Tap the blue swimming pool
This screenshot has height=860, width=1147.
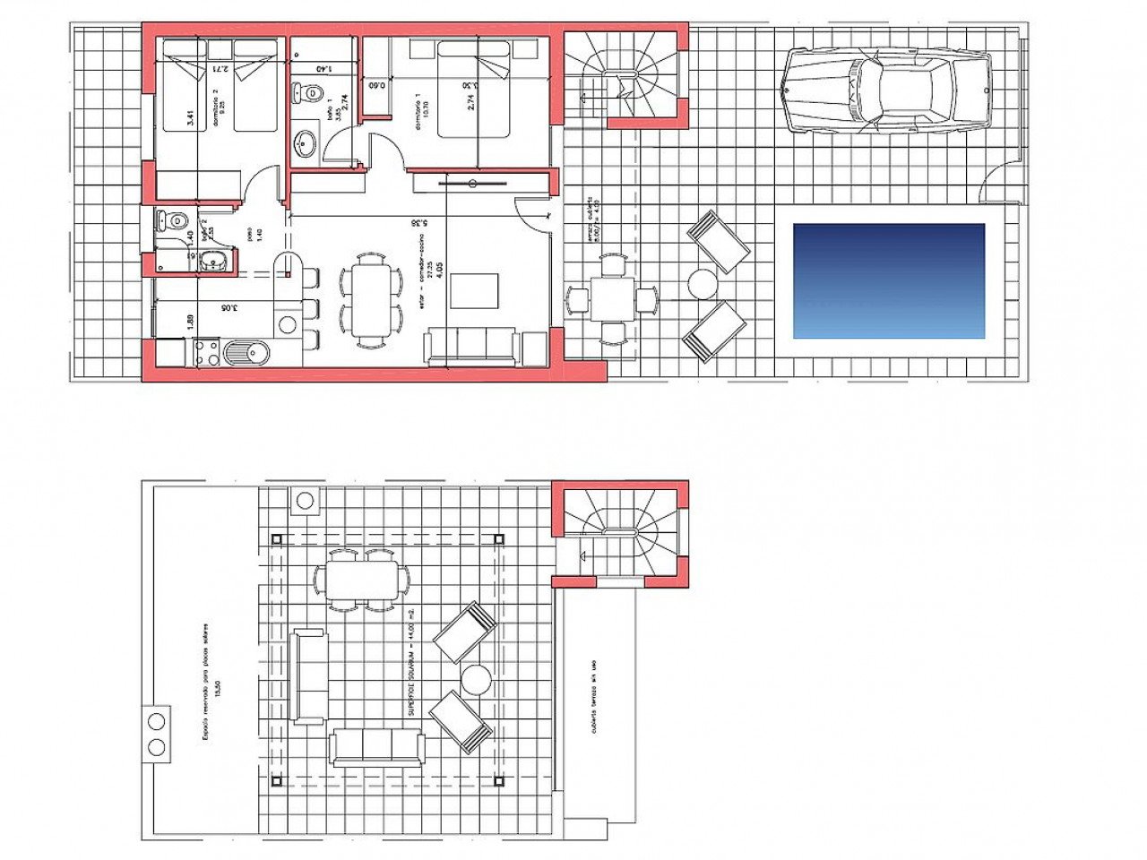click(889, 280)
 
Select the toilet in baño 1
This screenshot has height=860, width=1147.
click(309, 91)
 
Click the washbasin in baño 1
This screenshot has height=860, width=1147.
click(306, 142)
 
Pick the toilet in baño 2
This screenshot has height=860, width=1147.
click(174, 219)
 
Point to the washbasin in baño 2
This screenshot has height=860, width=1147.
click(211, 261)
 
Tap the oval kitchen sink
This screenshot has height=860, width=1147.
click(246, 353)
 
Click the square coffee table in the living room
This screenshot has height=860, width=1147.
click(474, 290)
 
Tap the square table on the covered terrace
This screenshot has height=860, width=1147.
click(613, 298)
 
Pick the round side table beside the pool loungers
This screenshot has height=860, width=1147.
click(703, 284)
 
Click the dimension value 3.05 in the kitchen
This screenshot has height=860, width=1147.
click(231, 308)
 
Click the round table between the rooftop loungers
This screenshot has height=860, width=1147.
click(476, 679)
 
